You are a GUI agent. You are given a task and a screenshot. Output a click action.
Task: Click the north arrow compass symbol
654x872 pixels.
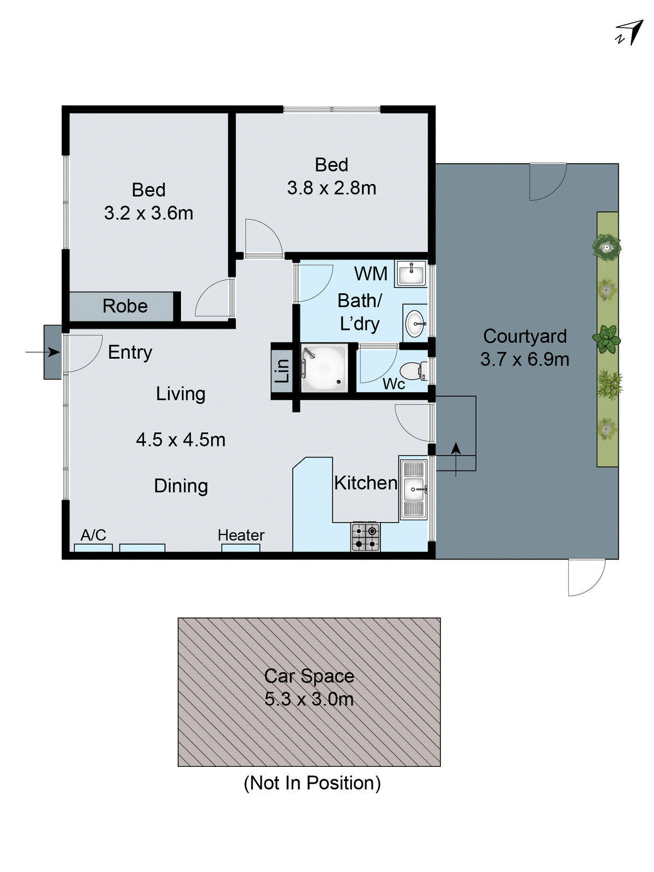[x=631, y=33]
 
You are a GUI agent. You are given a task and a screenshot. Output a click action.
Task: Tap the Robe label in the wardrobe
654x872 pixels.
[x=125, y=306]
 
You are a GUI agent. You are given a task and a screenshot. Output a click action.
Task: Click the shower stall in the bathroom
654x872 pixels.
[x=324, y=368]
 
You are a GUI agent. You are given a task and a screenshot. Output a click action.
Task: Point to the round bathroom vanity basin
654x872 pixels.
[x=415, y=324]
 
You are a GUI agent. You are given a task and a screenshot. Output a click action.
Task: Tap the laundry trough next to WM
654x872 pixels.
[x=410, y=273]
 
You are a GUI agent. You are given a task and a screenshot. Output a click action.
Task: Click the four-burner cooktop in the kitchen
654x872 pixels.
[x=365, y=536]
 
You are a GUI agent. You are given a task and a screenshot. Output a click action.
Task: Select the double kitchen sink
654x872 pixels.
[x=413, y=489]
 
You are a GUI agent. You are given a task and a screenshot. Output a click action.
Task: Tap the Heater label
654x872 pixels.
[x=241, y=535]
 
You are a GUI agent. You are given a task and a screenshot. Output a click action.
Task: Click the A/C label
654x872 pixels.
[x=93, y=535]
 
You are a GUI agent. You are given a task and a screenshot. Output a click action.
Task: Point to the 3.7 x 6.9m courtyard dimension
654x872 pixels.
[x=524, y=360]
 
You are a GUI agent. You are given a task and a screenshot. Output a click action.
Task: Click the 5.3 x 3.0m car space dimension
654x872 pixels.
[x=309, y=699]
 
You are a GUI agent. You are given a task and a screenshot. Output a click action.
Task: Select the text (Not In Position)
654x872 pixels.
[x=312, y=783]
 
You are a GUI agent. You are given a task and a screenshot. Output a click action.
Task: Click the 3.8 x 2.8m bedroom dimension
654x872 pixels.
[x=331, y=188]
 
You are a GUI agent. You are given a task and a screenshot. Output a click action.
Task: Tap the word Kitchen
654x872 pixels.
[x=365, y=483]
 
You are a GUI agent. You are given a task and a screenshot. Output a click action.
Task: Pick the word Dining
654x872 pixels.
[x=181, y=486]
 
